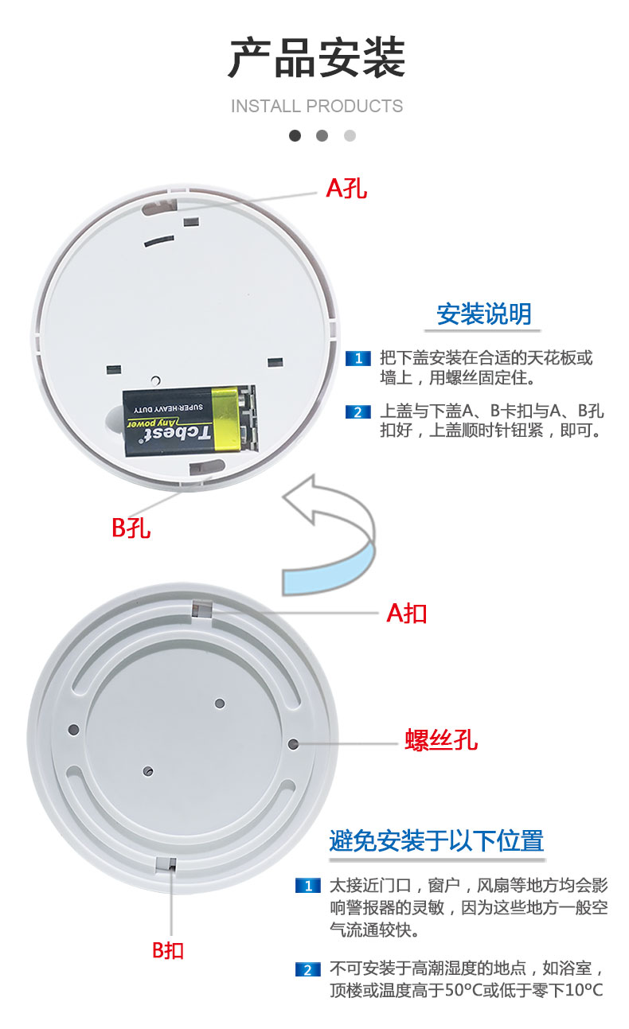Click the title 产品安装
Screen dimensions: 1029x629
[x=317, y=59]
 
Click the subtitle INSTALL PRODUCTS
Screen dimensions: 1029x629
[x=317, y=106]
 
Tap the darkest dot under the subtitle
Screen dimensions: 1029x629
[x=295, y=135]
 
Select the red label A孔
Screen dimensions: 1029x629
[x=347, y=188]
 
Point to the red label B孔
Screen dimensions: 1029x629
[x=131, y=527]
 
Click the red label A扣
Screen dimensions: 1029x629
[x=407, y=613]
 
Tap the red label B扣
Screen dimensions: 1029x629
[x=168, y=949]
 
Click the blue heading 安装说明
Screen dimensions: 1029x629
[x=483, y=314]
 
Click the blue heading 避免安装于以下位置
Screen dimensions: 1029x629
[x=436, y=840]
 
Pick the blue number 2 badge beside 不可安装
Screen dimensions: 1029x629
[x=307, y=969]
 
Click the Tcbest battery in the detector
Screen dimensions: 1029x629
[x=189, y=420]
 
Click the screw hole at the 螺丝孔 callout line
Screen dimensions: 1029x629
[x=293, y=743]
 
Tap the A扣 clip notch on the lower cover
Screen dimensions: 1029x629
[x=201, y=609]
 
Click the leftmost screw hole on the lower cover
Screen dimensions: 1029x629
[x=74, y=729]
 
